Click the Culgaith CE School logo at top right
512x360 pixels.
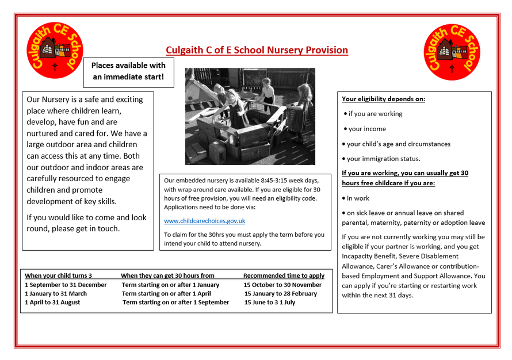coord(452,52)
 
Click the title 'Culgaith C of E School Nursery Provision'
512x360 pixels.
coord(257,50)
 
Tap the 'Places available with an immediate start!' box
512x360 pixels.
coord(128,71)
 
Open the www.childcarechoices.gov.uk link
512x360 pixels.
coord(205,221)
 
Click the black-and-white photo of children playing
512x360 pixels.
coord(250,116)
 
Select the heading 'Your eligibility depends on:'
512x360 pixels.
coord(383,99)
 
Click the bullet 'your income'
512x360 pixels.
coord(366,129)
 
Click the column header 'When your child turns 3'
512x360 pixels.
coord(58,275)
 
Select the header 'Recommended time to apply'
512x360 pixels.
coord(284,275)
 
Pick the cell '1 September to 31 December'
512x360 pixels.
coord(66,285)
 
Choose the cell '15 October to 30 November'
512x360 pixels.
coord(282,285)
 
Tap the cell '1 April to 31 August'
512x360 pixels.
coord(52,302)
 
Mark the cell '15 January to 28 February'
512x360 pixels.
coord(281,293)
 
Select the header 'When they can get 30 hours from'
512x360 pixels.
coord(167,275)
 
